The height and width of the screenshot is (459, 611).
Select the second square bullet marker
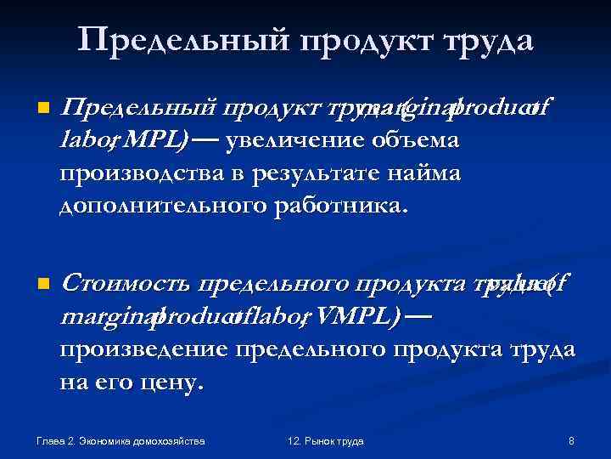point(33,283)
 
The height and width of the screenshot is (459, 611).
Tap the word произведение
point(143,349)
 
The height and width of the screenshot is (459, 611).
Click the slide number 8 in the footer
point(571,441)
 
